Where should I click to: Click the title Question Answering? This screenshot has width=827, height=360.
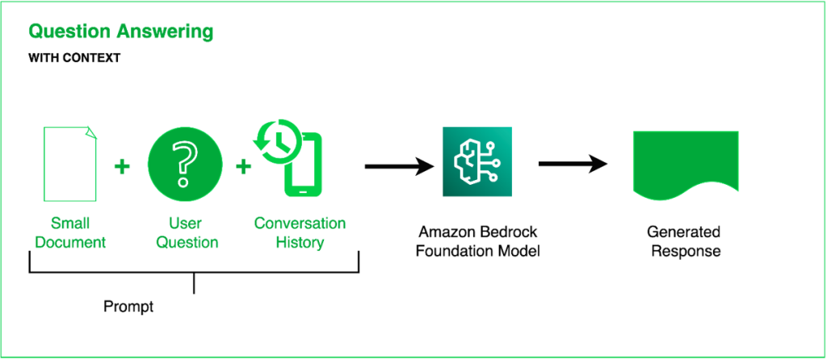click(121, 32)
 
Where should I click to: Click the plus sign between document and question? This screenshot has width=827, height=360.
click(122, 167)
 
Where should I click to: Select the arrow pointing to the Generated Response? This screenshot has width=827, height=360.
click(573, 164)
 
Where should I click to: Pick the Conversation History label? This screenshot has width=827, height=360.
click(300, 232)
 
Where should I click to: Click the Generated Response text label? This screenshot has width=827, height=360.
click(685, 241)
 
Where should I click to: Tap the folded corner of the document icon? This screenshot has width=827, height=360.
click(90, 132)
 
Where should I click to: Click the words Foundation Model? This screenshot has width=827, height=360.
click(477, 251)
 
